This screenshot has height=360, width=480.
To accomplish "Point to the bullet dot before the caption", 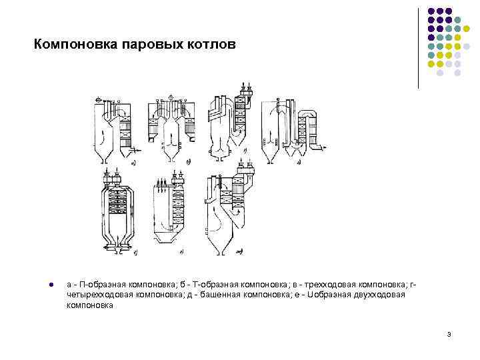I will (x=51, y=285).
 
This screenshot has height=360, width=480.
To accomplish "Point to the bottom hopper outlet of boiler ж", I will (x=219, y=253).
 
